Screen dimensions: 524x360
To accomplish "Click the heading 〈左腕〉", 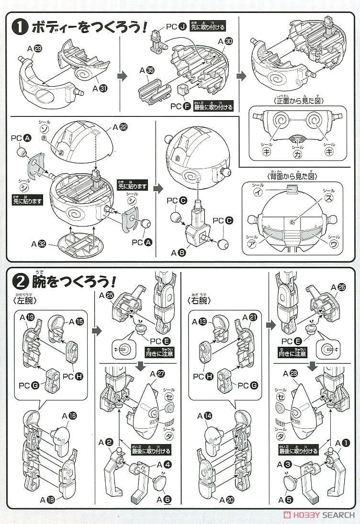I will tap(29, 300).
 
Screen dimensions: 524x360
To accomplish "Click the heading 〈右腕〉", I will tap(200, 300).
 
